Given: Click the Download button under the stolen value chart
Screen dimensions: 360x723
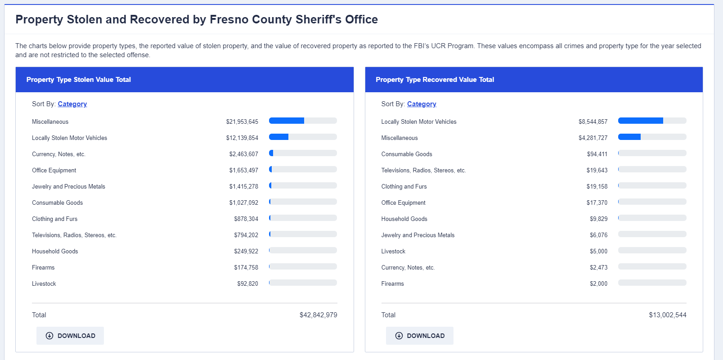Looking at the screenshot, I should [70, 336].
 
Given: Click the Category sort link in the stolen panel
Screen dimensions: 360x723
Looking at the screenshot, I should [72, 104].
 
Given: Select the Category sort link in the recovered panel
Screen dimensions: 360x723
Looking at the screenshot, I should [422, 104].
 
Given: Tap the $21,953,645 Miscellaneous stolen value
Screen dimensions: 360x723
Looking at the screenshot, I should [242, 122].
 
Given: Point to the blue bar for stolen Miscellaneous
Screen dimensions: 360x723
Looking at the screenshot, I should [287, 121].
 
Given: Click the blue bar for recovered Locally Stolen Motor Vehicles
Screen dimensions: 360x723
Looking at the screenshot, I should [640, 121].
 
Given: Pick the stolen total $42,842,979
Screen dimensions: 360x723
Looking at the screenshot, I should [318, 315].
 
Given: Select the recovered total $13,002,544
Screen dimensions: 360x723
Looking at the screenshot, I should [667, 315].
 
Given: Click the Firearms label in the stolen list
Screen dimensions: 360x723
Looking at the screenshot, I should [43, 268].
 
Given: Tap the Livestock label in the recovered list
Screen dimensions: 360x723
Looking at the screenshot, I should [393, 252].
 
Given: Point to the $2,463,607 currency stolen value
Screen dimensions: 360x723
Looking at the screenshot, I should [243, 154].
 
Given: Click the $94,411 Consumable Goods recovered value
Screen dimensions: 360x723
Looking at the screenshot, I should [597, 154].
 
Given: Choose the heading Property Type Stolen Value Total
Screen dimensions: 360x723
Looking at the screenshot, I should [79, 80].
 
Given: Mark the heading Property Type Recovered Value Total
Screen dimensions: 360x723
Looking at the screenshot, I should [435, 80].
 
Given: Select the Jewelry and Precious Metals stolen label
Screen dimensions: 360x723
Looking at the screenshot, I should [68, 187].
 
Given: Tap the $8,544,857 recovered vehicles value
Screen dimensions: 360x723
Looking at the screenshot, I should [593, 122].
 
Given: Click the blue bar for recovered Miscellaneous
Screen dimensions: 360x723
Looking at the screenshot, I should [629, 137].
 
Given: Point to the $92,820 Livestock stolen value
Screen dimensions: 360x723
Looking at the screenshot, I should [247, 284].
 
